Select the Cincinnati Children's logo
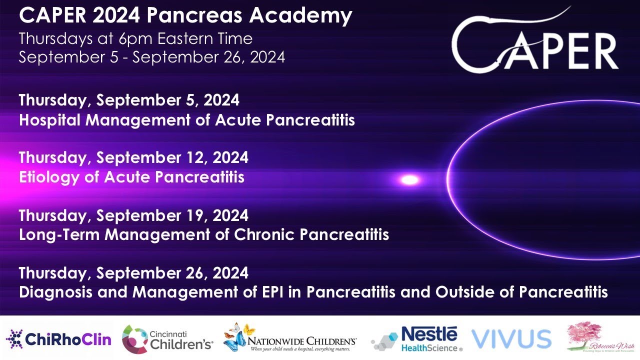tap(167, 338)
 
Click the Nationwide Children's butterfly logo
tap(290, 338)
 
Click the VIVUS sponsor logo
tap(511, 338)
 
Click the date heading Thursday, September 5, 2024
tap(129, 100)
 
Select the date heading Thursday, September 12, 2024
tap(133, 157)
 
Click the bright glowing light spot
tap(410, 179)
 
